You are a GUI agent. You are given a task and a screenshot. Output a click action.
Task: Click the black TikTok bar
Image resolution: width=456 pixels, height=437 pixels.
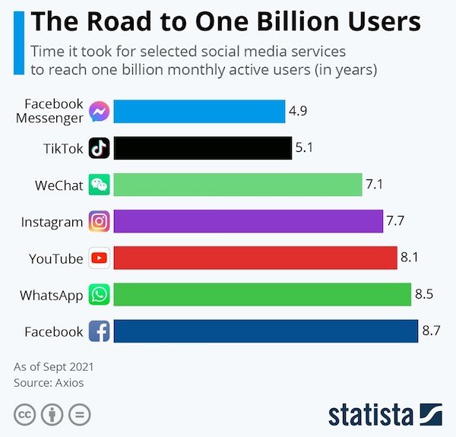(201, 148)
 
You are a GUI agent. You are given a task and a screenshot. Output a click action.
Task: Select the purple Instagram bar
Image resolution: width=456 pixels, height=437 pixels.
(248, 222)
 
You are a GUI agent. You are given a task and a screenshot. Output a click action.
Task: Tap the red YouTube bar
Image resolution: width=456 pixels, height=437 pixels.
(255, 258)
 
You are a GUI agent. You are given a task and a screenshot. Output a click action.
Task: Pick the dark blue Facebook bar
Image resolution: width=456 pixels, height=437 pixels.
(265, 331)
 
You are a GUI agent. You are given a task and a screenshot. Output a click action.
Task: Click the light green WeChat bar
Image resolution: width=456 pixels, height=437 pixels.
(237, 185)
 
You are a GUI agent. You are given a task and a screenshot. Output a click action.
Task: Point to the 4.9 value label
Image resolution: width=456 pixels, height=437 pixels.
(298, 111)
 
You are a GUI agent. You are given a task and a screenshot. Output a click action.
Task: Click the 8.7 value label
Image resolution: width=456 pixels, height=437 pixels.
(432, 331)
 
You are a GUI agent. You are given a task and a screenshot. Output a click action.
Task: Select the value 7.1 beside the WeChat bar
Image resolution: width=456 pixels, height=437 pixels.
(375, 184)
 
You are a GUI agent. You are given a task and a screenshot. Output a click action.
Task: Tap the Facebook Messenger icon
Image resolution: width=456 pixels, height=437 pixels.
(100, 112)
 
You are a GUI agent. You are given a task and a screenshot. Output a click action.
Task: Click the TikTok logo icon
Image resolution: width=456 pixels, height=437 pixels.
(100, 148)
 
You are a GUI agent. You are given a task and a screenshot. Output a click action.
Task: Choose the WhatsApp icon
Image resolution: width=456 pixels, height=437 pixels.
(100, 295)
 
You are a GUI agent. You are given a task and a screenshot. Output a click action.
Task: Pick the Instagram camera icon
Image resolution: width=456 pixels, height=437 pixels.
(100, 222)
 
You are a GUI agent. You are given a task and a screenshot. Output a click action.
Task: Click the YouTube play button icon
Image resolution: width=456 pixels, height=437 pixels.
(100, 258)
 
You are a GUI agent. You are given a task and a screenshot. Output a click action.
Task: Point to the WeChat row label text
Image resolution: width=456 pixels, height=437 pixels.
(59, 185)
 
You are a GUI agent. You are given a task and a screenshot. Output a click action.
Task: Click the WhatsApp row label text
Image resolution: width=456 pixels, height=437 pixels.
(52, 296)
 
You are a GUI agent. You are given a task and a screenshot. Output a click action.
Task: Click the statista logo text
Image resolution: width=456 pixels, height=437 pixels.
(371, 415)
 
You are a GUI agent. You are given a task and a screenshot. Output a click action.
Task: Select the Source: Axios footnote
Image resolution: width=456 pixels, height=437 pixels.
(49, 383)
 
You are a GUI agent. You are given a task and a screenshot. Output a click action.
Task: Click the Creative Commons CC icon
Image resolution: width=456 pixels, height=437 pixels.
(25, 415)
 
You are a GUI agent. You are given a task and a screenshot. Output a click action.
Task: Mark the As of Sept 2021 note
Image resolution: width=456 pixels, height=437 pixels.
(53, 367)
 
